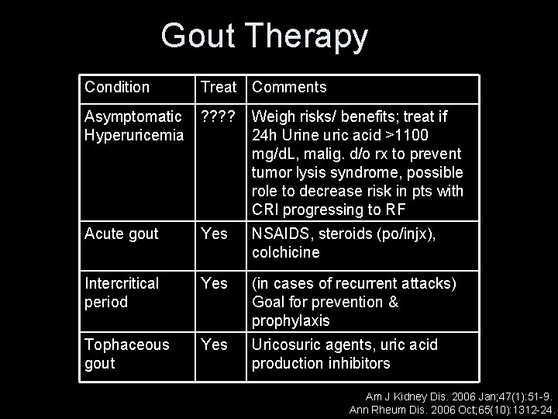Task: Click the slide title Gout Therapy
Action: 264,36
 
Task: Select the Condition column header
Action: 117,87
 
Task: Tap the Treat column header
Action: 219,87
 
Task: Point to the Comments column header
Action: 289,87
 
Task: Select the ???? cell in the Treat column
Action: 219,117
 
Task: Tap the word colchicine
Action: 286,253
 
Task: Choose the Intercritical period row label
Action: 122,293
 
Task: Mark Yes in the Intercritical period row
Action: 214,284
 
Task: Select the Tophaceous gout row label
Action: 127,354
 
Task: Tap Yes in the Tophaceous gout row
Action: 214,345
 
